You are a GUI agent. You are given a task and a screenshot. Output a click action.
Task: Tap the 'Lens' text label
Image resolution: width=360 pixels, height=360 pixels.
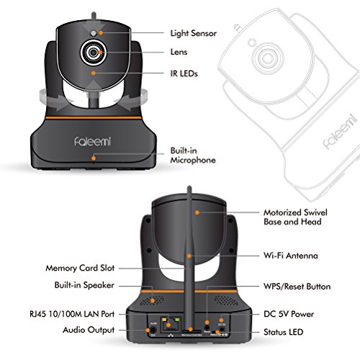(x=180, y=53)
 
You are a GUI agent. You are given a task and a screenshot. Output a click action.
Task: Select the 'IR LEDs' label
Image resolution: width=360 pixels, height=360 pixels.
(x=185, y=73)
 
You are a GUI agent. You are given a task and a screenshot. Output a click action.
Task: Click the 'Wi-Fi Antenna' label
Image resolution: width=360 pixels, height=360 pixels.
(x=289, y=256)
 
